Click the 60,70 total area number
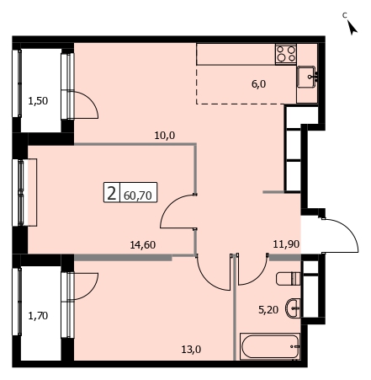point(138,195)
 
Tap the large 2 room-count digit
point(112,193)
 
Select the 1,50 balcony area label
point(38,101)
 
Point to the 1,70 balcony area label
point(38,316)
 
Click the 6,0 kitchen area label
point(258,84)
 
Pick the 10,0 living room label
point(165,136)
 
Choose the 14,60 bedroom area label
point(143,245)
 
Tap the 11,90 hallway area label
point(286,244)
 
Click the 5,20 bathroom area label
point(268,310)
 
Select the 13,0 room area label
point(191,350)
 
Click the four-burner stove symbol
point(286,54)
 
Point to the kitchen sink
point(308,77)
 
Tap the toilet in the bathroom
point(289,278)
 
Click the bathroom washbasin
point(293,308)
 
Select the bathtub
point(270,346)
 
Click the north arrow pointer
point(352,28)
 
